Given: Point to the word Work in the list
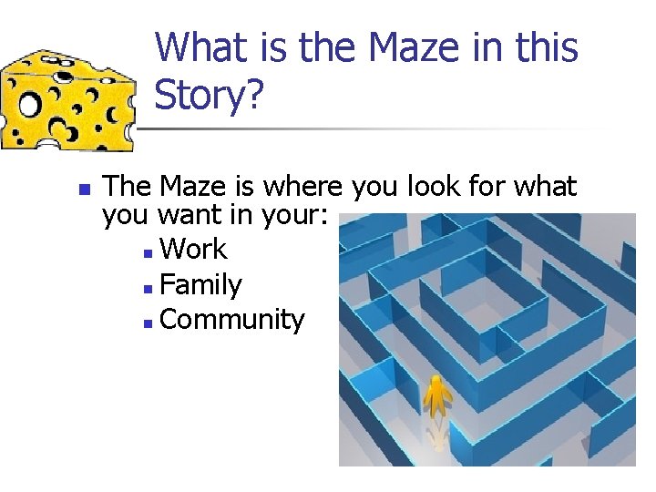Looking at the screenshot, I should [192, 250].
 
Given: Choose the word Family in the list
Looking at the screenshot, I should [200, 285].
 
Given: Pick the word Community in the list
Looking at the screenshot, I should [231, 320].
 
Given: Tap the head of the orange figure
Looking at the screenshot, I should [438, 380].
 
